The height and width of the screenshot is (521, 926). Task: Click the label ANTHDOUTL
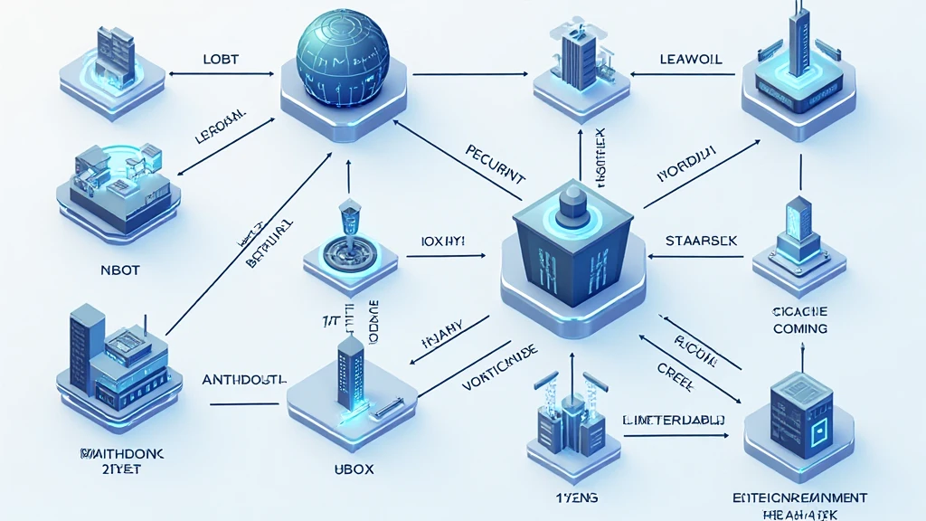(x=244, y=379)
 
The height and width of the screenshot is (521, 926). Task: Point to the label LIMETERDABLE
(x=676, y=420)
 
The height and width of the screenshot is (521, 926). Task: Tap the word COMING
(x=799, y=328)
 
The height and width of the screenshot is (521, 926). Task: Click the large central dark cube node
(x=572, y=258)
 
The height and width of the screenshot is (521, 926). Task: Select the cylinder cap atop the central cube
(x=572, y=201)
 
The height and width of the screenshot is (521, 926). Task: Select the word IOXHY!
(x=443, y=242)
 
